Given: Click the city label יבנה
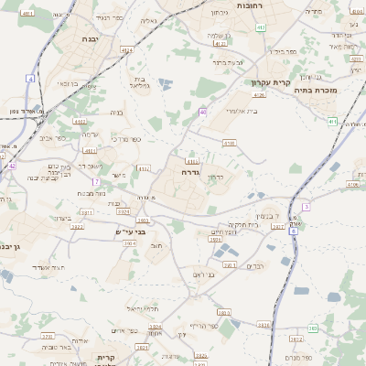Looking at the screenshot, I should (x=91, y=40).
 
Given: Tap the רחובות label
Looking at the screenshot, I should (x=275, y=8).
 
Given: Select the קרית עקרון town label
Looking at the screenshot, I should (x=270, y=81).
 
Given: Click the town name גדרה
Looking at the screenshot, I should (x=190, y=171).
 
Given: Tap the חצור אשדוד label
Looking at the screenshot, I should (x=51, y=266).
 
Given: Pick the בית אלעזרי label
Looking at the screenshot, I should (x=242, y=112).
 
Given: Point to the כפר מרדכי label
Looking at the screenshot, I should (x=125, y=138).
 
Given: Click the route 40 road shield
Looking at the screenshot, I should (x=202, y=112).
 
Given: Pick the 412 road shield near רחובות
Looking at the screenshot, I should (x=261, y=28).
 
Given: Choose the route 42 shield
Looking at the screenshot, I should (x=11, y=166).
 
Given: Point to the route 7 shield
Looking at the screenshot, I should (x=95, y=181).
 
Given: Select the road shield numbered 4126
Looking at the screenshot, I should (x=260, y=94).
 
